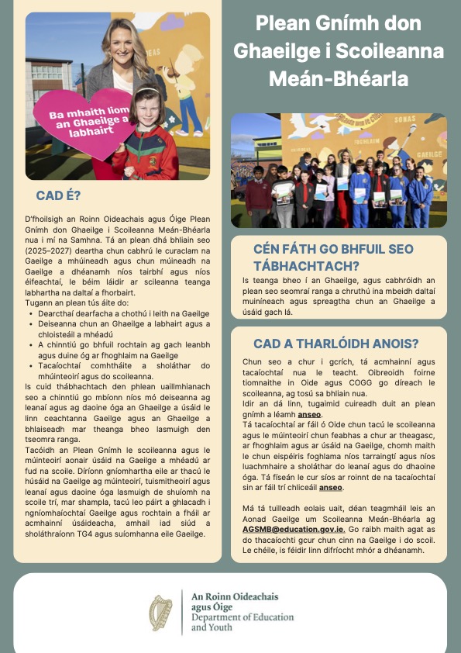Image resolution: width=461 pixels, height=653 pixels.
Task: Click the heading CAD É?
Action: (x=59, y=195)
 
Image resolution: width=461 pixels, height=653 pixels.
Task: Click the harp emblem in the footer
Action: (x=161, y=612)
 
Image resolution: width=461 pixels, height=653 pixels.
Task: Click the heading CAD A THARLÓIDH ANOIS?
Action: (x=336, y=344)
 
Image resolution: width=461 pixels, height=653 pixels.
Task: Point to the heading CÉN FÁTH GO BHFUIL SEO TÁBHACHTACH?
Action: (x=333, y=257)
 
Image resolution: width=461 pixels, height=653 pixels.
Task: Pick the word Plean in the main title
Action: (x=282, y=22)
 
